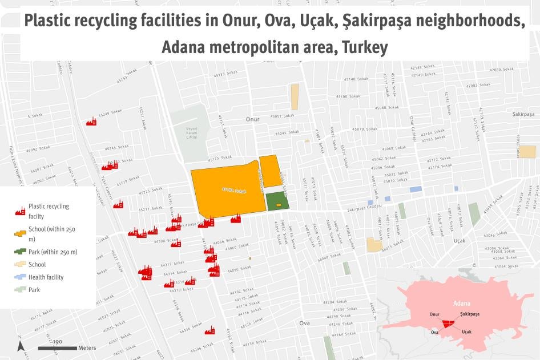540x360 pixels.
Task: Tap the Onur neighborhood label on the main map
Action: (x=252, y=120)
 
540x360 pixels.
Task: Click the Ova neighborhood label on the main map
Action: (x=304, y=323)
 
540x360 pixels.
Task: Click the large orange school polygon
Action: (x=225, y=188)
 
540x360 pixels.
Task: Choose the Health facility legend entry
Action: (x=46, y=277)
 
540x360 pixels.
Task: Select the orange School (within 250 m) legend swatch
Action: (x=20, y=234)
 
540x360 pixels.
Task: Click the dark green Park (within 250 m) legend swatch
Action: (x=20, y=252)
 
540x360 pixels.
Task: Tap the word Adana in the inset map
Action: (x=462, y=303)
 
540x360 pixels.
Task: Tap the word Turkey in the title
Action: (x=365, y=47)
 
